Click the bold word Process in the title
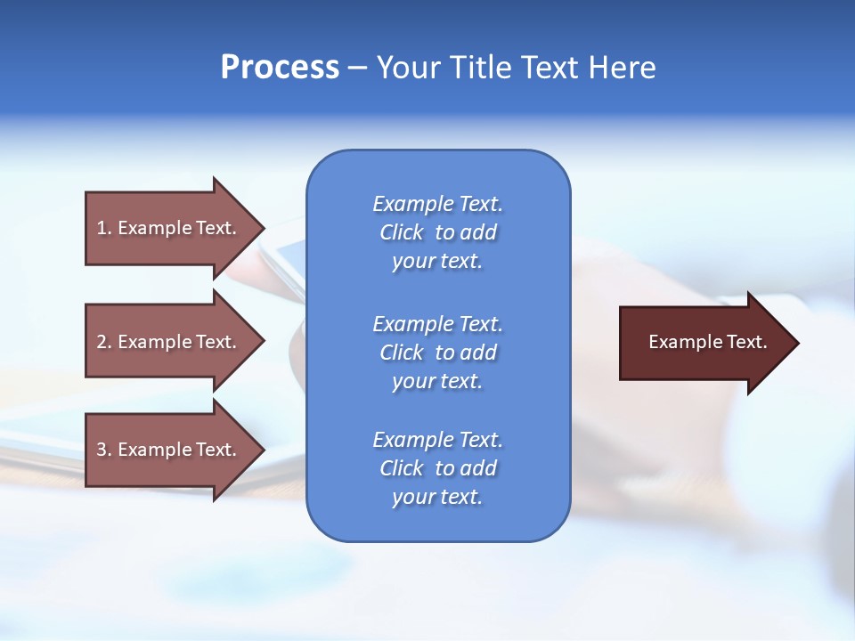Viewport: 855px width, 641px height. coord(280,68)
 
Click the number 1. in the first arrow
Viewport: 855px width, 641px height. coord(103,228)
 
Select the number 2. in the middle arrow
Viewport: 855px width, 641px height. coord(103,342)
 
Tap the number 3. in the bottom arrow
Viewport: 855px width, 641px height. coord(103,450)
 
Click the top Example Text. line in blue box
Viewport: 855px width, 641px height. coord(437,204)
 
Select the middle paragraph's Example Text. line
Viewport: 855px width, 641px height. coord(437,324)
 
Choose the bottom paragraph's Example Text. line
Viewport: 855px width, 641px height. coord(437,440)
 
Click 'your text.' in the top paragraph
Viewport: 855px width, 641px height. coord(437,262)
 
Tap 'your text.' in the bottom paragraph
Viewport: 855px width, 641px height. coord(437,498)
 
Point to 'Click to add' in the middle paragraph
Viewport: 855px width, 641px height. coord(437,353)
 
